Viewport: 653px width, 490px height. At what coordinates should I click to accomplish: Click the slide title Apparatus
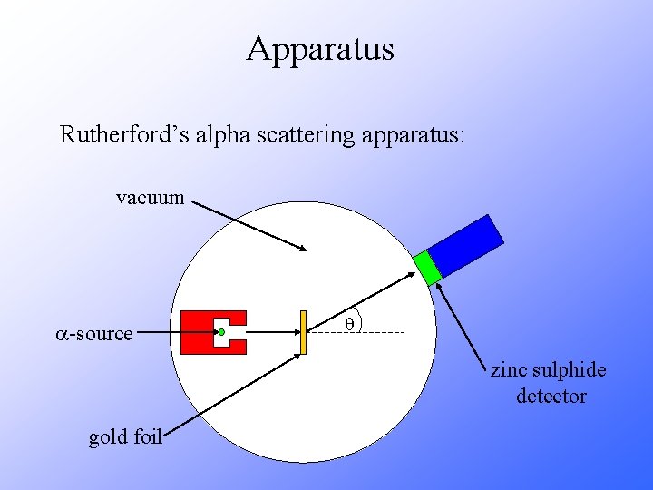point(320,48)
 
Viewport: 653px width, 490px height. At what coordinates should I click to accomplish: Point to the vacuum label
point(151,197)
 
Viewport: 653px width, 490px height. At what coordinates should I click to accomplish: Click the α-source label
point(92,334)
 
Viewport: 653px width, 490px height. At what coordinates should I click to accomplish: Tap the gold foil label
point(125,437)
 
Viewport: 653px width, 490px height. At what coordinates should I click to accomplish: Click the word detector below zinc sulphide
point(551,397)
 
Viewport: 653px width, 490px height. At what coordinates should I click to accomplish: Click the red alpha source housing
point(197,333)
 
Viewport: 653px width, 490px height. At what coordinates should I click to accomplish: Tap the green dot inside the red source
point(221,333)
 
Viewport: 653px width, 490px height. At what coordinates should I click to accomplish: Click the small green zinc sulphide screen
point(426,267)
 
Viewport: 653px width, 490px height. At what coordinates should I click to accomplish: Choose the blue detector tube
point(465,245)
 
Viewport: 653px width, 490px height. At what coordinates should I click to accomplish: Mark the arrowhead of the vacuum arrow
point(305,249)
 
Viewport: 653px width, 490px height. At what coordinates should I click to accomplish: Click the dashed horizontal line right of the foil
point(381,334)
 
